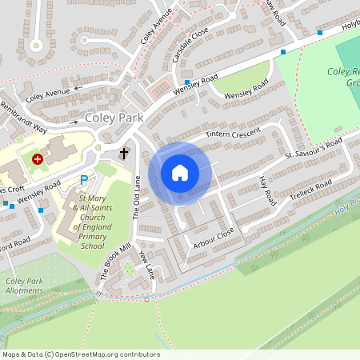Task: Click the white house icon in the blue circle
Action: (x=180, y=173)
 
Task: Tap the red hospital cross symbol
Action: (x=37, y=159)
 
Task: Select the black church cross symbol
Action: (x=124, y=152)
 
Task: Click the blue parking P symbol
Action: (x=83, y=181)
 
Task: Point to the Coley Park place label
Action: (x=114, y=118)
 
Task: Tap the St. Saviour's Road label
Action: (x=313, y=149)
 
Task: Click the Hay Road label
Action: (x=267, y=191)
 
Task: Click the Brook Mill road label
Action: (x=114, y=258)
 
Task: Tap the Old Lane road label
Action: (x=135, y=199)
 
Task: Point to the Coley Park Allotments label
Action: (x=24, y=286)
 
